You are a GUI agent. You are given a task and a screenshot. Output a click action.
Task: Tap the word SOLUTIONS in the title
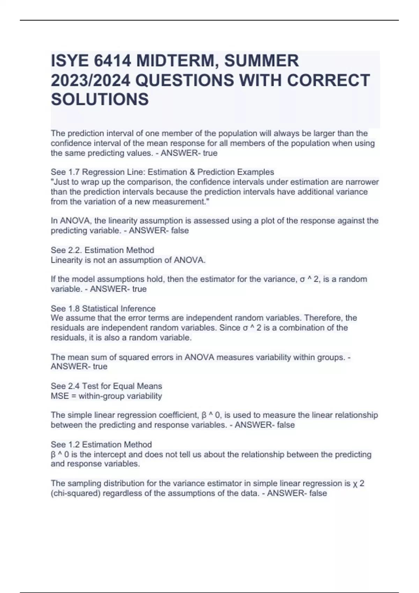click(100, 99)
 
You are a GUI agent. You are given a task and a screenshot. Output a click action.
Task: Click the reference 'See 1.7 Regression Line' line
click(162, 172)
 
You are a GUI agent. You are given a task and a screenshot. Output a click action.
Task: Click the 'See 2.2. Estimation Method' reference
click(102, 250)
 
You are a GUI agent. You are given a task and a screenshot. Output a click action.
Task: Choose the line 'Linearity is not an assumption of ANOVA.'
click(128, 260)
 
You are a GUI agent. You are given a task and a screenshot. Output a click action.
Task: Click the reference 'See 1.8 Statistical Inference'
click(103, 308)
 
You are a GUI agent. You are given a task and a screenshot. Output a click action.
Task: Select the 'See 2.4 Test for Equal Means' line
click(106, 386)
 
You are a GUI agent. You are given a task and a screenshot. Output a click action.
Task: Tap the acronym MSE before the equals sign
click(60, 396)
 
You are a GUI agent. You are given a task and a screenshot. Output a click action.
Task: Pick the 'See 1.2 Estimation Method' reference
click(101, 444)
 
